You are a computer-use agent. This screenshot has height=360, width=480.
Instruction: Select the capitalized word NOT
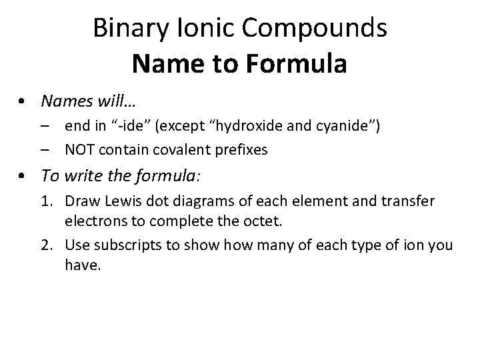tap(81, 150)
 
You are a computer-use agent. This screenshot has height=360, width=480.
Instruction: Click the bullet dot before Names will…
tap(23, 101)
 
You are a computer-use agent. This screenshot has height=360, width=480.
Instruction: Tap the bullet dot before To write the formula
tap(23, 177)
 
